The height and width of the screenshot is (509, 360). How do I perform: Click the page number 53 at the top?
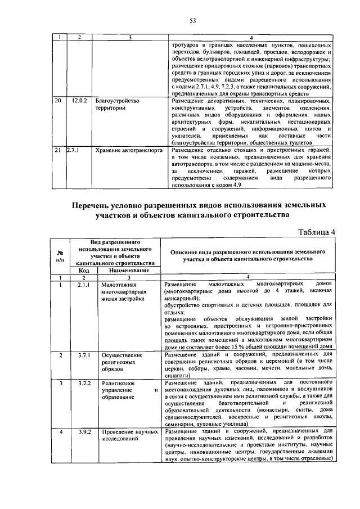click(x=191, y=21)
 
